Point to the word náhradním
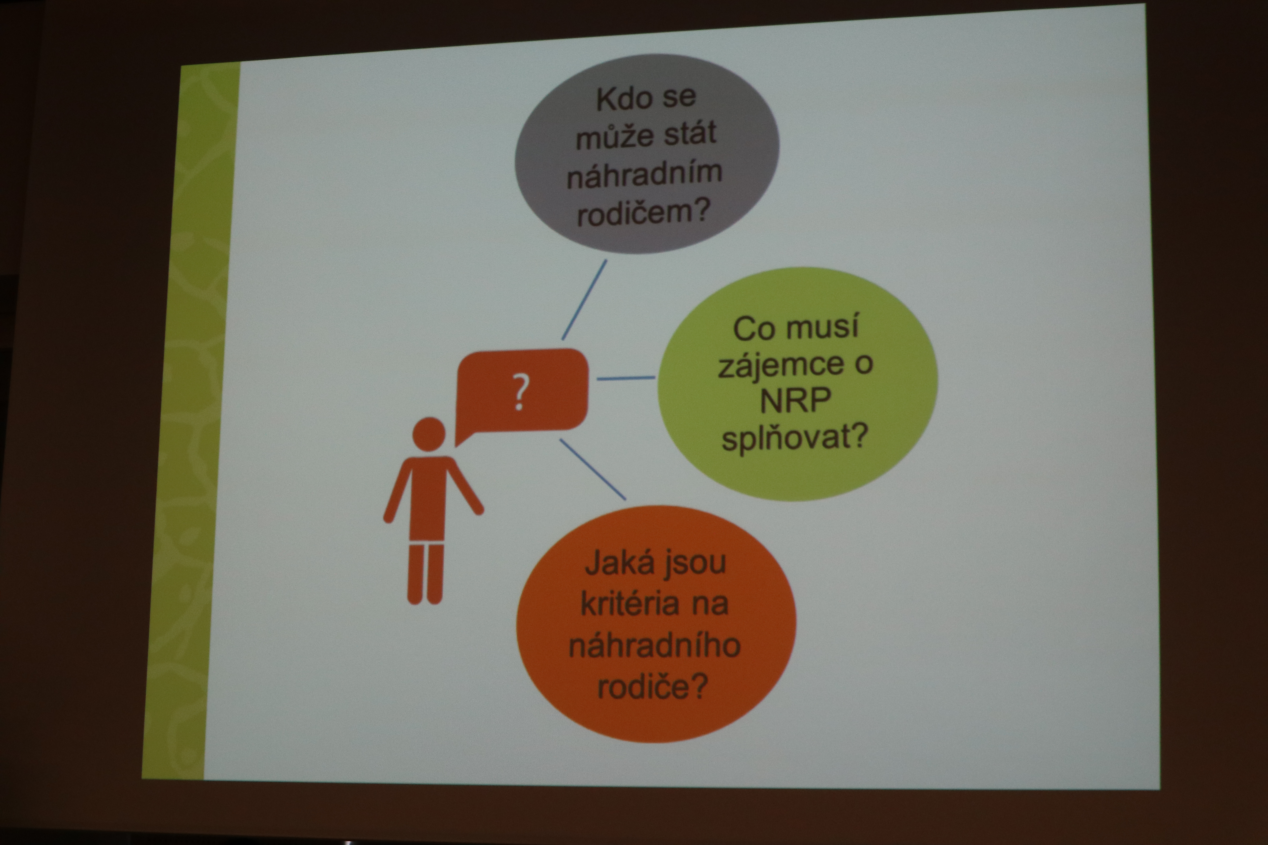click(645, 173)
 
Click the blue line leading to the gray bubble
click(584, 300)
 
